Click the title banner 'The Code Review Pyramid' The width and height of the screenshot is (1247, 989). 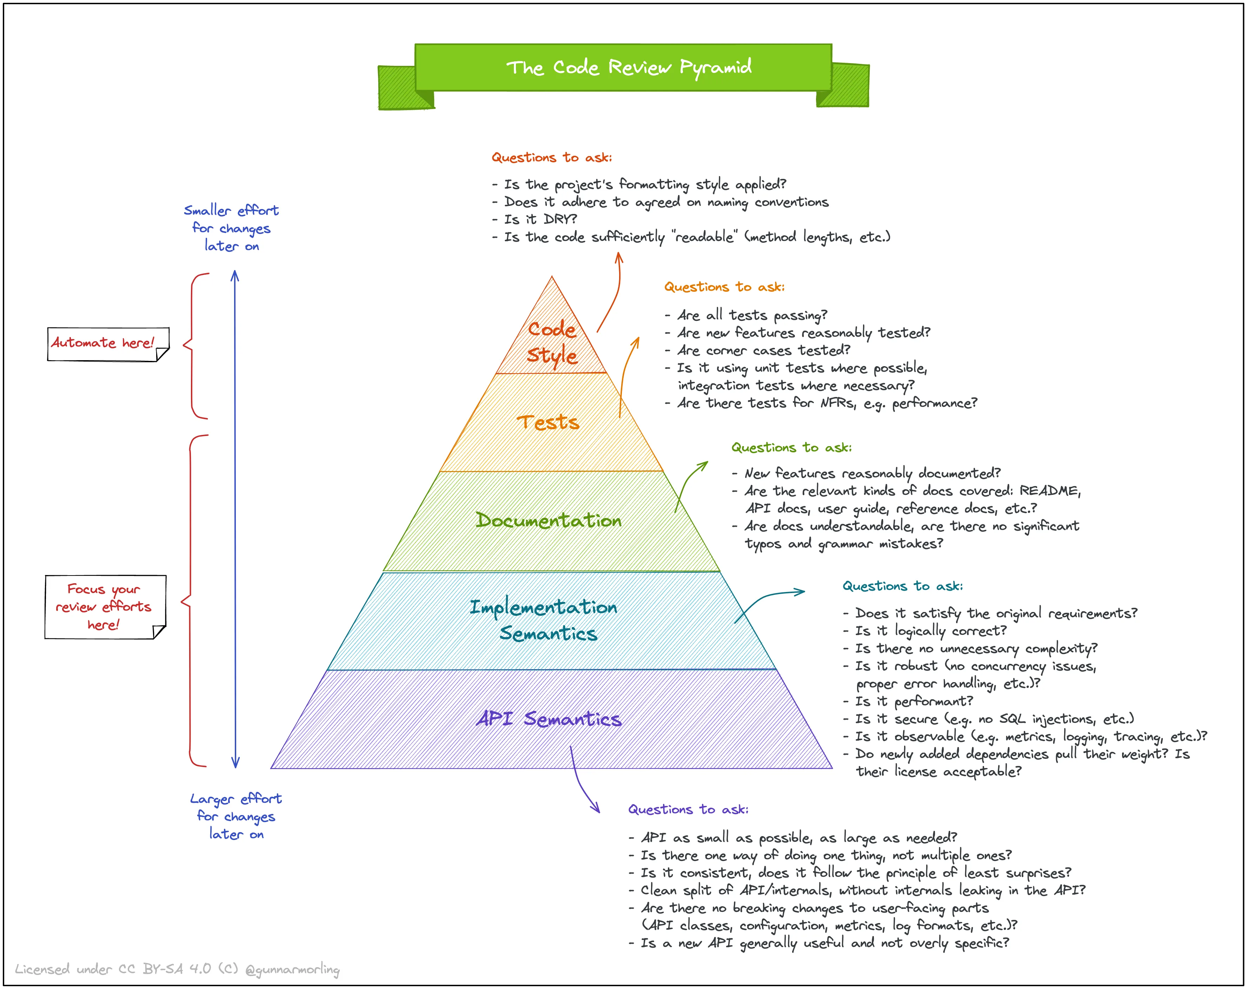click(x=628, y=68)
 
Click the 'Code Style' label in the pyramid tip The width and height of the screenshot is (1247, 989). click(x=552, y=342)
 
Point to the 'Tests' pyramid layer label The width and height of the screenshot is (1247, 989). click(x=548, y=423)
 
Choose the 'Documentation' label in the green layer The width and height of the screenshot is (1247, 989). click(x=548, y=520)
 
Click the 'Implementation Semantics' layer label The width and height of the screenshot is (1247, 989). click(x=544, y=620)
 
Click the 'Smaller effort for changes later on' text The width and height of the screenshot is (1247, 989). click(x=231, y=228)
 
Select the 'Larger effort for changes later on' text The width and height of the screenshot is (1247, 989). click(x=236, y=816)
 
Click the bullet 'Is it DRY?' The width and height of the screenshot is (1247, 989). click(x=540, y=220)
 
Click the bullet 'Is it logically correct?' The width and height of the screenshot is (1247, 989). click(x=931, y=631)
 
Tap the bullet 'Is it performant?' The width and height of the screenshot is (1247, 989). click(x=914, y=701)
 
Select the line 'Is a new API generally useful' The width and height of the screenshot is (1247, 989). click(x=824, y=943)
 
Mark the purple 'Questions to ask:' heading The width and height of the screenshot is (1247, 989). click(x=688, y=809)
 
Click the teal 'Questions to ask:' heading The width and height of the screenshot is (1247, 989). click(x=902, y=586)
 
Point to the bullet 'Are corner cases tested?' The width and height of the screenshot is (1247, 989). click(x=763, y=351)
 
